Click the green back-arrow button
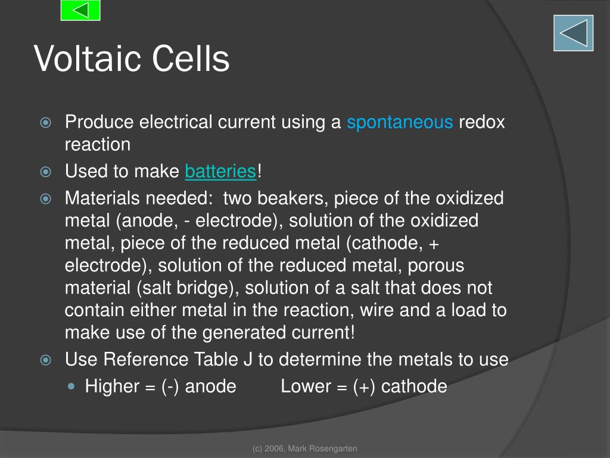pyautogui.click(x=80, y=10)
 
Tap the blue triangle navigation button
pyautogui.click(x=573, y=33)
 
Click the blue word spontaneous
pyautogui.click(x=400, y=122)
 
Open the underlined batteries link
pyautogui.click(x=220, y=172)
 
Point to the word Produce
pyautogui.click(x=99, y=122)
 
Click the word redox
pyautogui.click(x=481, y=122)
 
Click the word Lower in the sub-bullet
pyautogui.click(x=306, y=386)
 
